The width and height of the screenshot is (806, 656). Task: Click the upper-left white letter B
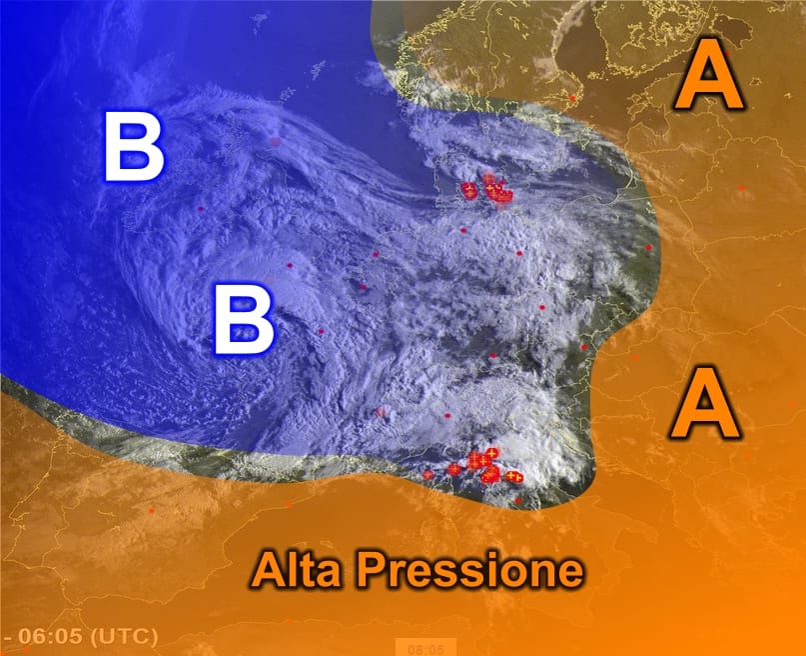coord(136,148)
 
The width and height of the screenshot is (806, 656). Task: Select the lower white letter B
coord(244,320)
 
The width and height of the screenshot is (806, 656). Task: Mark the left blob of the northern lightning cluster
coord(469,191)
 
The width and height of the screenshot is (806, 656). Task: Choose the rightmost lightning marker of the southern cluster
coord(515,477)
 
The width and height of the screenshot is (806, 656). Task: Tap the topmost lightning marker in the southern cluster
coord(491,454)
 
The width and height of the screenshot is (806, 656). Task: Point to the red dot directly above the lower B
coord(290,266)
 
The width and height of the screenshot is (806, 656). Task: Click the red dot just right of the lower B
coord(322,332)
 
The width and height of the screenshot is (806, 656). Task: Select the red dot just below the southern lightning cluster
coord(517,500)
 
